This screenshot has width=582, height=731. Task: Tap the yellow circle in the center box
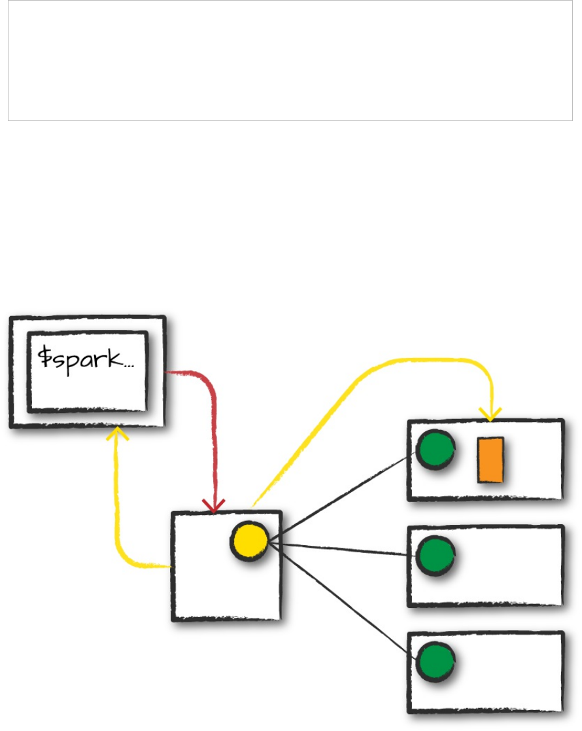click(x=249, y=542)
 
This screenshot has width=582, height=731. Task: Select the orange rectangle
click(x=490, y=460)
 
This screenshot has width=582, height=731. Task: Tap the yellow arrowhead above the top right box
click(x=490, y=414)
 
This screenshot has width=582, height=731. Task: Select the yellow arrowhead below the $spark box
click(x=116, y=433)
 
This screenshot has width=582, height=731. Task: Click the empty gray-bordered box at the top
click(x=290, y=60)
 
